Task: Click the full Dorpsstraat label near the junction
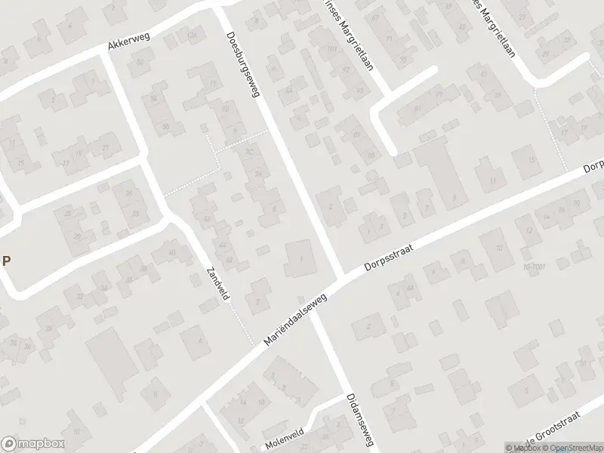pyautogui.click(x=386, y=257)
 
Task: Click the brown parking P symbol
pyautogui.click(x=6, y=261)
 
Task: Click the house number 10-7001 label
pyautogui.click(x=532, y=267)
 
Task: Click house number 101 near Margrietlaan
pyautogui.click(x=331, y=50)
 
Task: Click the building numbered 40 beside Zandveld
pyautogui.click(x=172, y=252)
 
